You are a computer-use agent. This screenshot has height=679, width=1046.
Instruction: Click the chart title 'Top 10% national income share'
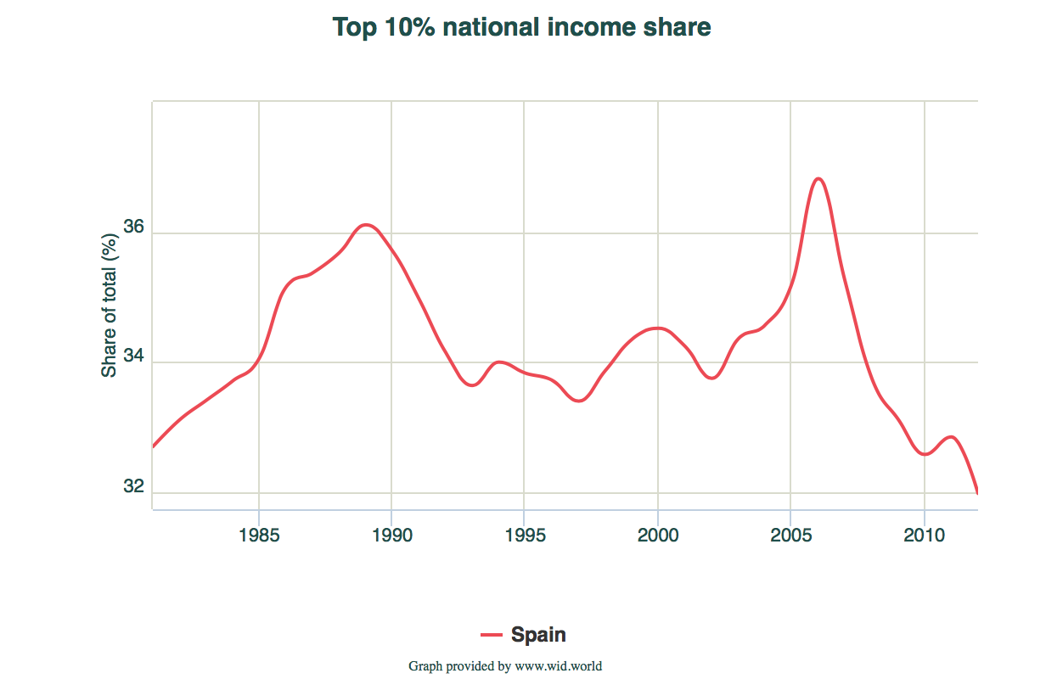[x=521, y=27]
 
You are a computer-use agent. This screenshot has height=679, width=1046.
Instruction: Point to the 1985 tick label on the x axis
[x=258, y=536]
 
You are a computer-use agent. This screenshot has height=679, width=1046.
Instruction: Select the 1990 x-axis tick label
[x=391, y=536]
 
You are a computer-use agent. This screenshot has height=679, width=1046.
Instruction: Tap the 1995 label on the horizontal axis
[x=524, y=536]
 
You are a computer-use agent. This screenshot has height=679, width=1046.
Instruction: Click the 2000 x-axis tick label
[x=657, y=536]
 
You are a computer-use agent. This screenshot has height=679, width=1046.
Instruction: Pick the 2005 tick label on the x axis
[x=790, y=536]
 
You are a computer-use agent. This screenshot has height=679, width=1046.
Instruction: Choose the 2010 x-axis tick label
[x=924, y=536]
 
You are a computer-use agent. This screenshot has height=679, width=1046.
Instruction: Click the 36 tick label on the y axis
[x=134, y=228]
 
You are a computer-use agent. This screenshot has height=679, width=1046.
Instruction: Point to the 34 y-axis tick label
[x=134, y=358]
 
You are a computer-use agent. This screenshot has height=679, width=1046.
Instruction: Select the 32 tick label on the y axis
[x=134, y=487]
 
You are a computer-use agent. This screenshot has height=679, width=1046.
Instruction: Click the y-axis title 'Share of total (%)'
[x=109, y=305]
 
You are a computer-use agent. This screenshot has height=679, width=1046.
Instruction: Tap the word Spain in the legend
[x=538, y=634]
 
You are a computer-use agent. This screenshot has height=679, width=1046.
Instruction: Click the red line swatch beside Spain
[x=492, y=634]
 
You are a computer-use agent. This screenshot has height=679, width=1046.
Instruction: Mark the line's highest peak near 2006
[x=818, y=178]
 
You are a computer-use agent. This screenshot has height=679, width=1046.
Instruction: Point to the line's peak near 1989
[x=366, y=225]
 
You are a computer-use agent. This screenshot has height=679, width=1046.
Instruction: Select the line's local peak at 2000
[x=656, y=328]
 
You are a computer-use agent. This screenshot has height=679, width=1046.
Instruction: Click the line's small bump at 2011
[x=951, y=437]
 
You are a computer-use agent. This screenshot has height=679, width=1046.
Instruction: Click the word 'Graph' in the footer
[x=426, y=666]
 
